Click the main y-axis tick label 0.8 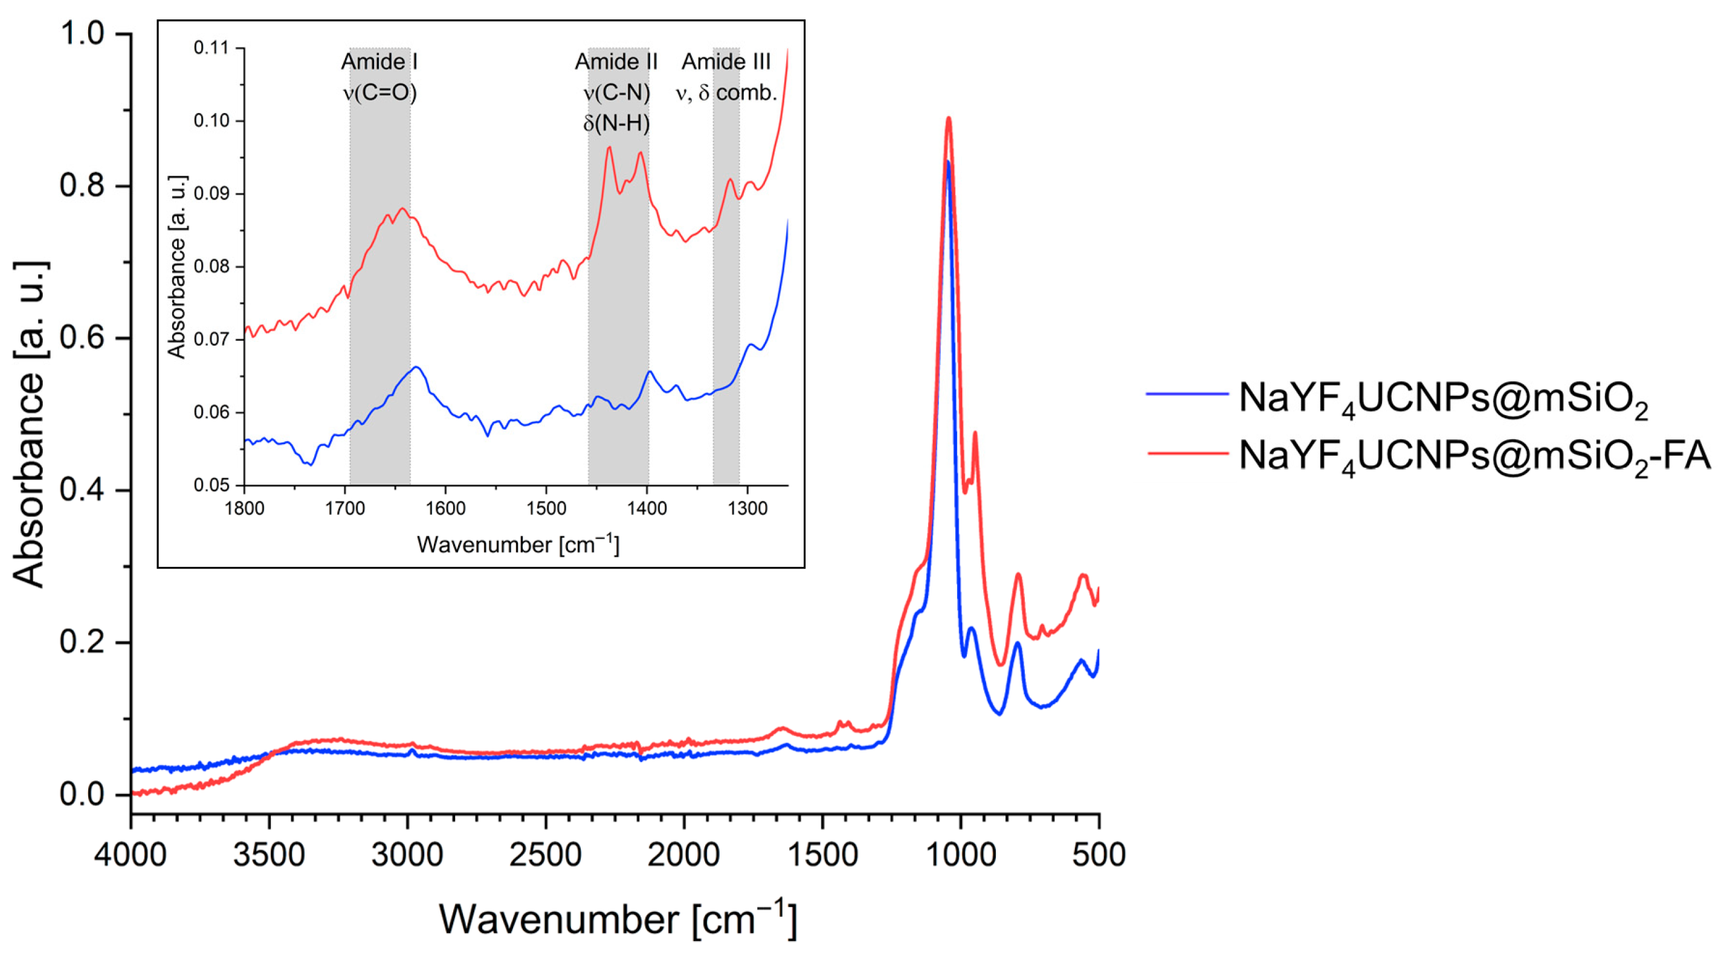[82, 186]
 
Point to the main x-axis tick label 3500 [269, 856]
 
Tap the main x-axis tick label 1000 [961, 856]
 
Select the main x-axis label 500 [1099, 856]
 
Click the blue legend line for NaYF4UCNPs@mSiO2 [1187, 394]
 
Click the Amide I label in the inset [379, 62]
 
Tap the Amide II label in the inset [616, 62]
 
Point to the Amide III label [726, 62]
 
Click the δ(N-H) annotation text [616, 123]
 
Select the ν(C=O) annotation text [379, 92]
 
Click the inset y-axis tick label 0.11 [211, 48]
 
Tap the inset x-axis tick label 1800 [244, 509]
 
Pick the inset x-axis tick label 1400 [647, 509]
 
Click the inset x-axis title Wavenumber [518, 544]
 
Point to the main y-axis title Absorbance [30, 424]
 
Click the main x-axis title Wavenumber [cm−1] [617, 920]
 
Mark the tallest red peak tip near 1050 [948, 118]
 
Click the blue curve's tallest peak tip [948, 162]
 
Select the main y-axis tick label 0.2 [82, 642]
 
